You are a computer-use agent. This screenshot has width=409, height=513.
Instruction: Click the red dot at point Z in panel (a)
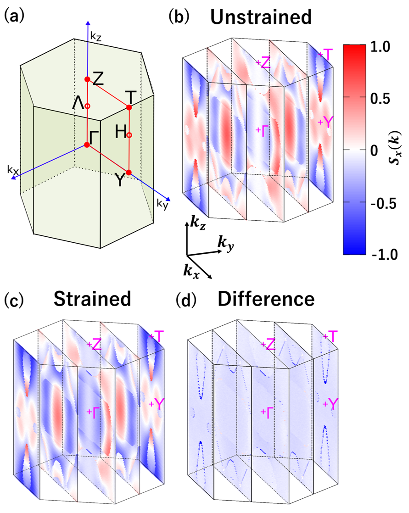(87, 79)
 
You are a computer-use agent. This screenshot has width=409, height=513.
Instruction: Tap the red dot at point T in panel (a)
(129, 107)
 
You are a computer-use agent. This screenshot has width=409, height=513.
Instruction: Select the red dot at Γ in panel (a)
(87, 145)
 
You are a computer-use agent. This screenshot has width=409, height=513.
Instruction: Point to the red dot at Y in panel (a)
(129, 173)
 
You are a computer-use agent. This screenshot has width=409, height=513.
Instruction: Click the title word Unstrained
(260, 18)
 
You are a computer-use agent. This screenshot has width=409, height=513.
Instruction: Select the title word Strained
(92, 299)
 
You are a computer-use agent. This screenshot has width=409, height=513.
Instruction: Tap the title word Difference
(266, 299)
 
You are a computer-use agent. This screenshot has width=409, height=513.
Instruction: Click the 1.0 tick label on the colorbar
(380, 47)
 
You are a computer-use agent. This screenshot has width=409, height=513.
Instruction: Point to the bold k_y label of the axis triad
(223, 245)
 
